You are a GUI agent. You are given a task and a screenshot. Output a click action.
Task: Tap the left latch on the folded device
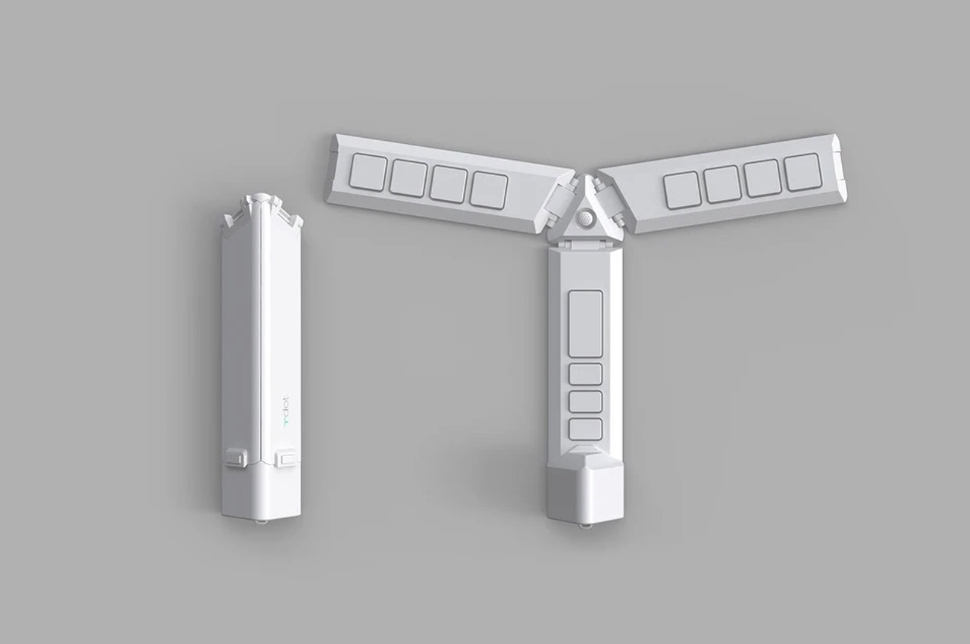pyautogui.click(x=235, y=457)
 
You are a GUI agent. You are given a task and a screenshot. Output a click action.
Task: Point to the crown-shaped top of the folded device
pyautogui.click(x=261, y=208)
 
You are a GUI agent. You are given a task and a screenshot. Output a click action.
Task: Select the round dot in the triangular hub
pyautogui.click(x=585, y=218)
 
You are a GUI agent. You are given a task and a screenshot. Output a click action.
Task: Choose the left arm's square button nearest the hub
pyautogui.click(x=488, y=190)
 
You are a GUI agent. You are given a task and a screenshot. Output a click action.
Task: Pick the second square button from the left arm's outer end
pyautogui.click(x=408, y=179)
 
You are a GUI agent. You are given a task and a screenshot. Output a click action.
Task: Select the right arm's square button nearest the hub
pyautogui.click(x=681, y=189)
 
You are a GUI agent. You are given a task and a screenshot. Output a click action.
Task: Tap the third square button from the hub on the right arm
pyautogui.click(x=762, y=178)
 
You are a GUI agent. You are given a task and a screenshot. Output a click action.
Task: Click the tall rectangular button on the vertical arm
pyautogui.click(x=585, y=322)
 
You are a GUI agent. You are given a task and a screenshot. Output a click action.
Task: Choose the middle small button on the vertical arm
pyautogui.click(x=585, y=402)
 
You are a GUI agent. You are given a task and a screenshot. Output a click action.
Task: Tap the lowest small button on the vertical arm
pyautogui.click(x=585, y=429)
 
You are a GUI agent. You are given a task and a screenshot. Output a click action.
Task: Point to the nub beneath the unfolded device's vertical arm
pyautogui.click(x=584, y=524)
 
